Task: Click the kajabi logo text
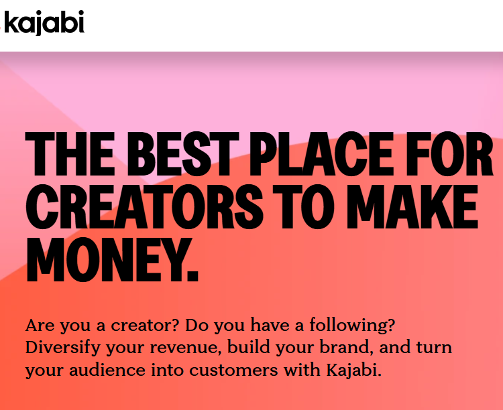click(44, 22)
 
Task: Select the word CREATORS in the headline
click(144, 207)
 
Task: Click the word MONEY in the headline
click(105, 260)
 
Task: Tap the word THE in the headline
click(70, 154)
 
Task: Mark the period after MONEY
click(192, 275)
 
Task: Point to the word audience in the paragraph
click(107, 370)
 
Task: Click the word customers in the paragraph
click(233, 370)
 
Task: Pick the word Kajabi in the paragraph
click(354, 370)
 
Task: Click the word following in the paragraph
click(352, 326)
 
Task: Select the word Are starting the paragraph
click(40, 326)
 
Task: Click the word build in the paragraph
click(248, 348)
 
